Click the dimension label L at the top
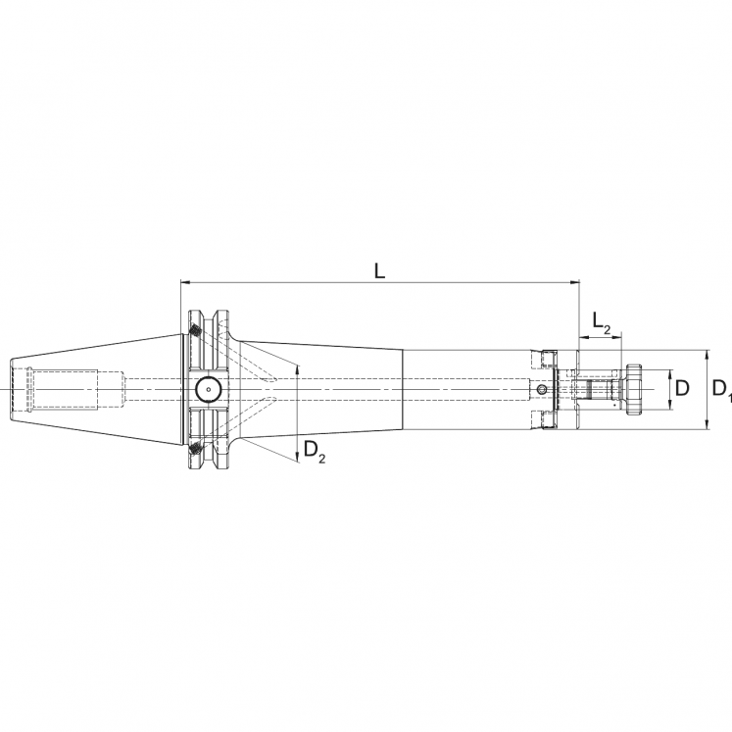coord(380,270)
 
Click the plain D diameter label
coord(683,388)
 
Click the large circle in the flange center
coord(208,390)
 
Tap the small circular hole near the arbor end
coord(542,390)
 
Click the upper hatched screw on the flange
coord(196,331)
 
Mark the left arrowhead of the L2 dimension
coord(583,338)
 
